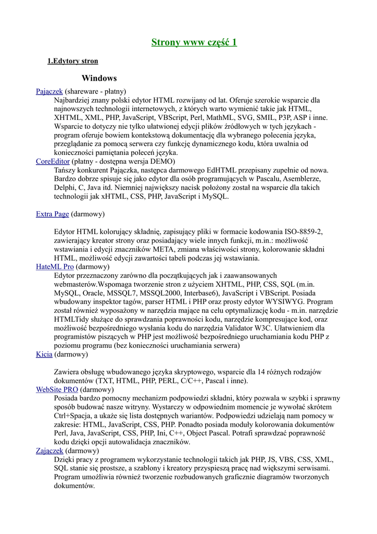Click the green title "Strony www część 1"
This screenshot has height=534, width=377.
(194, 42)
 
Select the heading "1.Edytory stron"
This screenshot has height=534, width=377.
(73, 62)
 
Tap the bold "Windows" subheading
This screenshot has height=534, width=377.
(99, 78)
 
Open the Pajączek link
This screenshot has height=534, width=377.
(49, 91)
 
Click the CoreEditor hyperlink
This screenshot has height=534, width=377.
(53, 162)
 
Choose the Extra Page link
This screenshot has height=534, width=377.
(53, 214)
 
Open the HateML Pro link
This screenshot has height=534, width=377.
(55, 266)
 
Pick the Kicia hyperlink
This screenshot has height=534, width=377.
(44, 354)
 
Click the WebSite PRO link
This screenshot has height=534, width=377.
(57, 389)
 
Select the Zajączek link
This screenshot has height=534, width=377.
(49, 451)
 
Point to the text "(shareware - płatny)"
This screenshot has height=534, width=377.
(96, 91)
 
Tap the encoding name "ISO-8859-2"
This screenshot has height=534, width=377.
(304, 232)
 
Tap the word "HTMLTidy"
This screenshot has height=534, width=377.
(71, 319)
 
